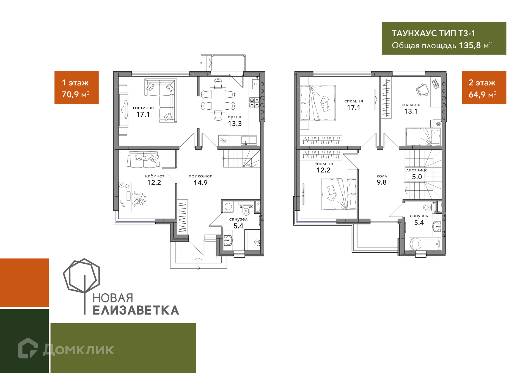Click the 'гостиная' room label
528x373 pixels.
click(143, 108)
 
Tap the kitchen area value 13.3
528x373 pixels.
click(235, 124)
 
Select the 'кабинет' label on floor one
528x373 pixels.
click(155, 176)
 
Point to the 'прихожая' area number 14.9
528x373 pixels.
click(200, 183)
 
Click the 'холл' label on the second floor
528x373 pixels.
click(382, 176)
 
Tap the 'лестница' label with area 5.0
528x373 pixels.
click(417, 170)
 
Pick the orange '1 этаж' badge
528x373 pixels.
click(76, 88)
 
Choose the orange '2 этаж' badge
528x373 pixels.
click(484, 88)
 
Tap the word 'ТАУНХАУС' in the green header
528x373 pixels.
click(414, 33)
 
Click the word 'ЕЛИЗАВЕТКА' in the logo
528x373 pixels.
click(136, 310)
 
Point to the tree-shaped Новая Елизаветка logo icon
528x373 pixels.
click(82, 283)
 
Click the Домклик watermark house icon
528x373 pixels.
click(28, 348)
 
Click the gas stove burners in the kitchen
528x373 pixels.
click(254, 102)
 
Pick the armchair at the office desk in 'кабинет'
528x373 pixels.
click(139, 199)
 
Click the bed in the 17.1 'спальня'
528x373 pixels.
click(318, 103)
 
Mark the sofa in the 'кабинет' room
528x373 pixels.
click(143, 160)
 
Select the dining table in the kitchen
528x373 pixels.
click(218, 100)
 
